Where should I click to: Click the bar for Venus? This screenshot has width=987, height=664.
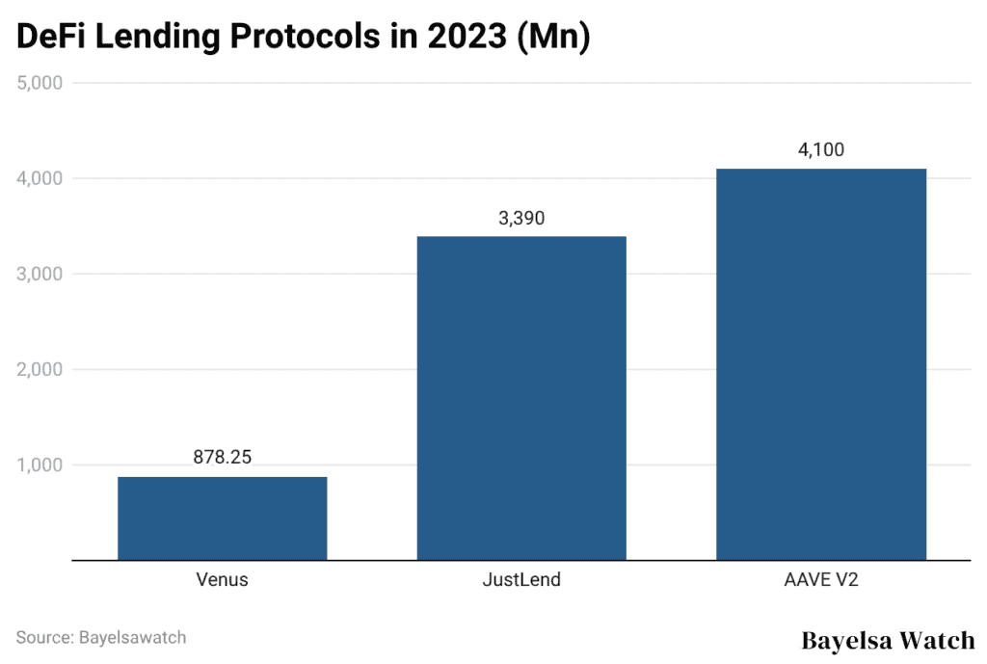[x=222, y=518]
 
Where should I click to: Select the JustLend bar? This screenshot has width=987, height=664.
[x=521, y=398]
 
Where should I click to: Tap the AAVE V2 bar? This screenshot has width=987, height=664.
[x=820, y=364]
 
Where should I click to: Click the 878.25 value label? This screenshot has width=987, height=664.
[x=222, y=458]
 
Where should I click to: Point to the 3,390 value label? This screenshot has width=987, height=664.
[x=521, y=218]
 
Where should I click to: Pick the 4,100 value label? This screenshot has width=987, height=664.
[x=820, y=149]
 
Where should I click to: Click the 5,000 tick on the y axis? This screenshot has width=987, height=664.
[x=40, y=83]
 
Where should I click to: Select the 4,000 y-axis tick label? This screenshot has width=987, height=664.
[x=40, y=178]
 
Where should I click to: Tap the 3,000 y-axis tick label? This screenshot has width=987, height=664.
[x=40, y=274]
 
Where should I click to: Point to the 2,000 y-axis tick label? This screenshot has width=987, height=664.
[x=40, y=369]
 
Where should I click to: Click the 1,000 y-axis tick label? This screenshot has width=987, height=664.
[x=40, y=465]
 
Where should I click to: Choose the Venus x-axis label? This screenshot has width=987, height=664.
[x=222, y=580]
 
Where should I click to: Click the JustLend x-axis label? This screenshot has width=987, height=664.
[x=521, y=580]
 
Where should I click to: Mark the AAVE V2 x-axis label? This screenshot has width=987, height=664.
[x=820, y=580]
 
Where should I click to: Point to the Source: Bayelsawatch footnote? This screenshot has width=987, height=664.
[x=101, y=637]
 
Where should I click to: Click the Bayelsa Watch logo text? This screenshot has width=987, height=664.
[x=888, y=640]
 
